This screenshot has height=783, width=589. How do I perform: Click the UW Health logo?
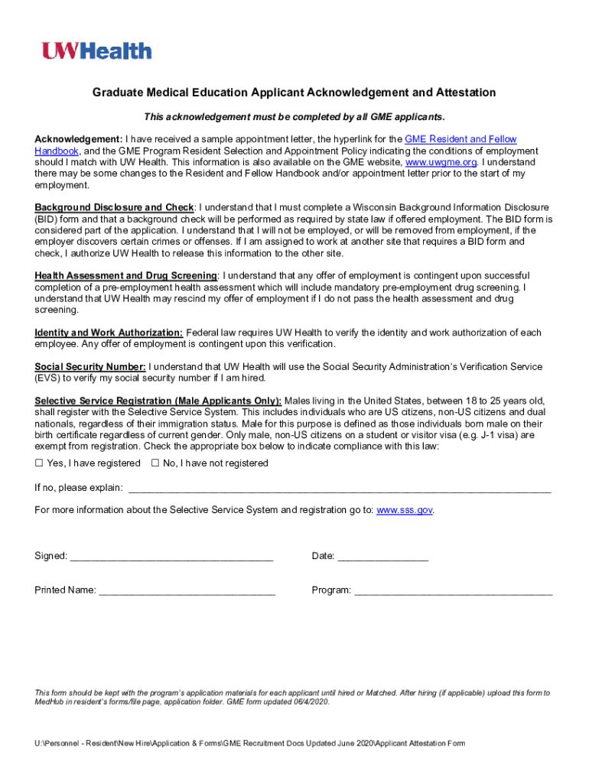(x=96, y=51)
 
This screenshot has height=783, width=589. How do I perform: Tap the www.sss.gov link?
(x=405, y=510)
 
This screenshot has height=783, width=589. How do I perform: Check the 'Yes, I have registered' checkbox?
(x=39, y=463)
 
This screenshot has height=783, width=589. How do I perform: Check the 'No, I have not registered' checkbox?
(x=155, y=463)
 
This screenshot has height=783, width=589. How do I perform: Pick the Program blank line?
(x=453, y=591)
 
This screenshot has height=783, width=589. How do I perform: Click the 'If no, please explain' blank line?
(x=339, y=489)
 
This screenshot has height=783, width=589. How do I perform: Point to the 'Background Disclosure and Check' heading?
(x=114, y=207)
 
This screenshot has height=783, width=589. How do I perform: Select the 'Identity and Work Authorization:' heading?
(x=109, y=333)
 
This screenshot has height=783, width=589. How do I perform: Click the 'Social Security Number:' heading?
(x=90, y=367)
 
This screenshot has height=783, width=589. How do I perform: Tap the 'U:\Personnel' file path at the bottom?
(x=57, y=744)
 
